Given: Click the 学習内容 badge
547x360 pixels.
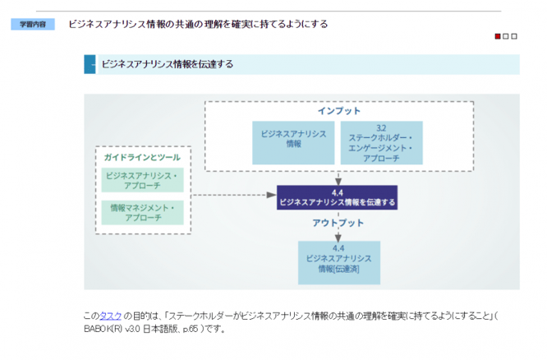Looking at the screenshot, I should [33, 25].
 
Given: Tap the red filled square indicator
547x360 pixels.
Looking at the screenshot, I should [498, 36].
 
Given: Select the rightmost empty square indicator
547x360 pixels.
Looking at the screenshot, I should [514, 36].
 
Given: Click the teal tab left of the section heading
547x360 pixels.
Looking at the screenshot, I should [90, 64].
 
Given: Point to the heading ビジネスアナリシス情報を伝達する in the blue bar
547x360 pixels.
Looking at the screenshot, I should [168, 64].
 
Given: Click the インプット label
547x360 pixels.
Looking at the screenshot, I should [338, 111].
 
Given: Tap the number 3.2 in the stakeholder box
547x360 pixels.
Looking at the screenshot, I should [380, 128].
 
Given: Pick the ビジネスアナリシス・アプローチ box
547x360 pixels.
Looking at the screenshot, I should [143, 181].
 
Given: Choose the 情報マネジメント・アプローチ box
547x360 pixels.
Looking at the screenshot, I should [143, 214].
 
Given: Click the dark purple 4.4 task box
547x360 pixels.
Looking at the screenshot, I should [338, 197].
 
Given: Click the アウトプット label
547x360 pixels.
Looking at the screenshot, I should [337, 223].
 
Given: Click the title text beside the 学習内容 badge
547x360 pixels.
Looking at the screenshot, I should [198, 24].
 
